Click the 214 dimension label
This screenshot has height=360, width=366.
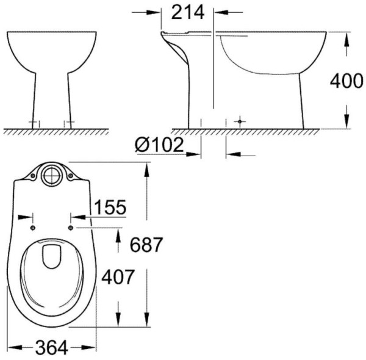pos(188,12)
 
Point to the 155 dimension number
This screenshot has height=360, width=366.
pos(110,207)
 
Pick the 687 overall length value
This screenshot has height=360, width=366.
pos(146,245)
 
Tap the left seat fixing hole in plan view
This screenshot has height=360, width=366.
pos(31,228)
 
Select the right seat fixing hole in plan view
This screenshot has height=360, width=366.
pos(71,228)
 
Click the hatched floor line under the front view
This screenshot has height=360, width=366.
pos(55,131)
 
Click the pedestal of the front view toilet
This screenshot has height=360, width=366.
pos(51,98)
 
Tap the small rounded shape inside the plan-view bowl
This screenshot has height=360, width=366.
pos(51,256)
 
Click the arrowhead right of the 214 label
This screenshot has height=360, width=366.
pos(221,12)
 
